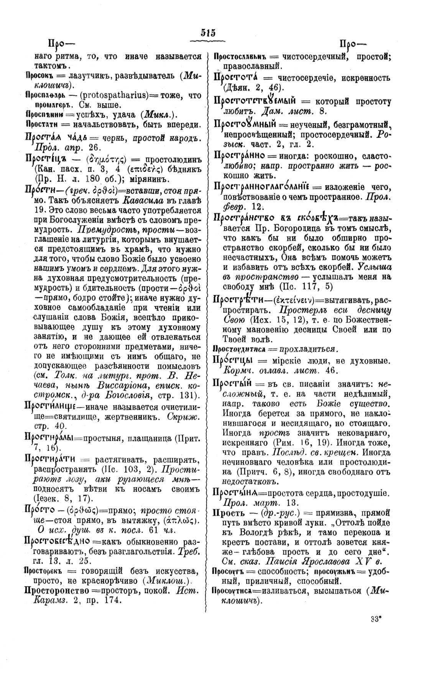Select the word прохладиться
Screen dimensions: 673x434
click(309, 349)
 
